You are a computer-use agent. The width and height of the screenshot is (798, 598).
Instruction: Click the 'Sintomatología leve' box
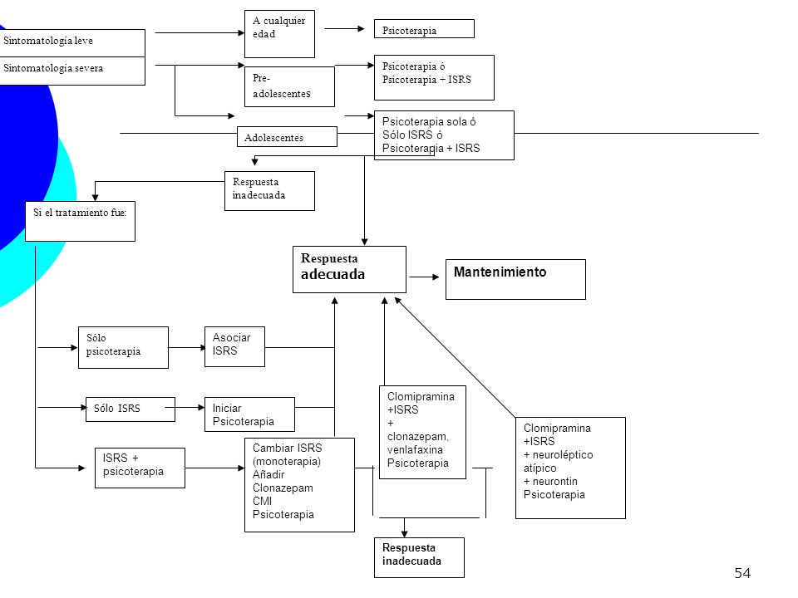coord(72,42)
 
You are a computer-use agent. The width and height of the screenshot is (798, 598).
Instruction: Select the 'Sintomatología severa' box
coord(72,71)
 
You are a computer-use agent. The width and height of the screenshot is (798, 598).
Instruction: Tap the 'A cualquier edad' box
coord(279,33)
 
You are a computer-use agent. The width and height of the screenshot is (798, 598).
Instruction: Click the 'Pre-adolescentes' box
coord(289,86)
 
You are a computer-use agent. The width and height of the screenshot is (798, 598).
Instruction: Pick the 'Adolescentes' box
coord(287,137)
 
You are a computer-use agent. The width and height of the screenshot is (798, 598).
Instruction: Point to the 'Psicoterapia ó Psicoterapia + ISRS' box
coord(434,77)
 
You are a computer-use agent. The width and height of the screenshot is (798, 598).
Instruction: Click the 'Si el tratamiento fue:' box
coord(80,221)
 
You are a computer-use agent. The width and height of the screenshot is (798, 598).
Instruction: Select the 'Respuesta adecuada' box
coord(350,269)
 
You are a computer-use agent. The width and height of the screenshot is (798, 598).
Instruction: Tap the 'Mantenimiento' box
coord(515,279)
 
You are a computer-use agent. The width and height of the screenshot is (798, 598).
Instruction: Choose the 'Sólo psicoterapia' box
coord(123,347)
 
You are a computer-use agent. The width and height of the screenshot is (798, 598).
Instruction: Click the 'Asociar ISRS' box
coord(234,346)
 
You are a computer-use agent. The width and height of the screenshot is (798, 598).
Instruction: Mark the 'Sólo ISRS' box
coord(131,409)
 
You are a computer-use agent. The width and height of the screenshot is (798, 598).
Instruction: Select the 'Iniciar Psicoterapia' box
coord(249,414)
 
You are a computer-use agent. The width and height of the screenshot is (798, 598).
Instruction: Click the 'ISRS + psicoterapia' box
coord(140,468)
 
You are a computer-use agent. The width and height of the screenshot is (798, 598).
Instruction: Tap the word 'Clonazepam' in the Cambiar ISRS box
coord(283,488)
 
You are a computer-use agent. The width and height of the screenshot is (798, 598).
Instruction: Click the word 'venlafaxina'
coord(415,450)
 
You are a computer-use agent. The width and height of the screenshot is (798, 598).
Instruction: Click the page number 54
coord(742,574)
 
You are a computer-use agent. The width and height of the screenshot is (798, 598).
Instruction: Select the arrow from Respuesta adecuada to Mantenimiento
coord(424,277)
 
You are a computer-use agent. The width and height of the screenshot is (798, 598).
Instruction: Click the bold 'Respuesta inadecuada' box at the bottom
coord(419,557)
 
